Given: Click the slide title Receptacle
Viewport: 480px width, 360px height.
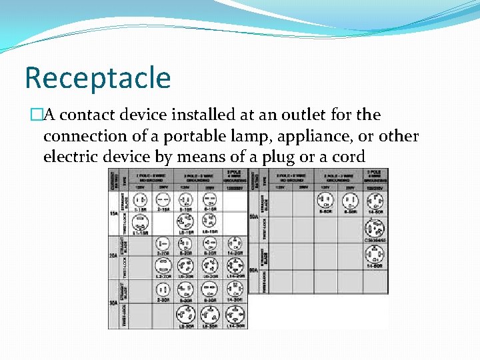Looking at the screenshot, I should click(97, 78).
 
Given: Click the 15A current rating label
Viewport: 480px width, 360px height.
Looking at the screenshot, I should click(114, 213).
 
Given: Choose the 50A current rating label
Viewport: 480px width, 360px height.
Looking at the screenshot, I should click(254, 216).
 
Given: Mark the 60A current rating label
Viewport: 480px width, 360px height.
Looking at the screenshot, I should click(254, 269).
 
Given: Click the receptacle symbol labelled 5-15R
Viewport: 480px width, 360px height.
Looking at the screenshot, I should click(187, 199).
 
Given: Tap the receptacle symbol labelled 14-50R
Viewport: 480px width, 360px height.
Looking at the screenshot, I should click(373, 199).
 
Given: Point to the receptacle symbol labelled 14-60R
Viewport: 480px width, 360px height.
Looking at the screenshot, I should click(373, 254).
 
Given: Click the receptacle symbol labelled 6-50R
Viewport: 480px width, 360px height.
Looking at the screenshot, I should click(349, 199).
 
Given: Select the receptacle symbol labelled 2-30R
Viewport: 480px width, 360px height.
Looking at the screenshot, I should click(163, 289).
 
